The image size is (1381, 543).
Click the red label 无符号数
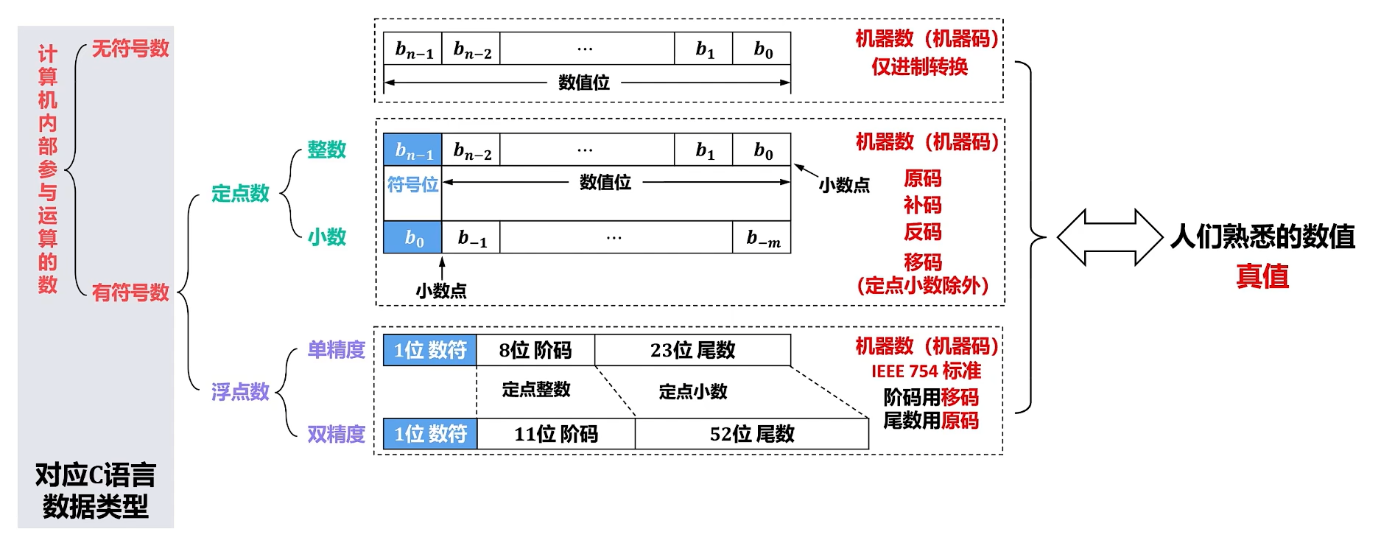point(130,49)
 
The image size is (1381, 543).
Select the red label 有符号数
point(130,292)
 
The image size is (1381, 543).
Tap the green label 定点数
point(240,194)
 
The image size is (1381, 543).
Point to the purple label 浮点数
point(240,391)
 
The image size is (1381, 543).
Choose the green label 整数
point(326,150)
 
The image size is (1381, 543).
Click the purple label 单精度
point(336,349)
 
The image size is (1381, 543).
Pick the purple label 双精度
point(336,434)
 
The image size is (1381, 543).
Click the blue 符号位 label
point(412,184)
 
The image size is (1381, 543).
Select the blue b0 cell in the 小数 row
point(412,238)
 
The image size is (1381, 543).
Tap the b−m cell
point(762,238)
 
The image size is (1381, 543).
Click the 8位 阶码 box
point(535,350)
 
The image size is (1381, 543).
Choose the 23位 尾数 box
point(692,350)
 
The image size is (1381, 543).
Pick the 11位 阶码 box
point(556,434)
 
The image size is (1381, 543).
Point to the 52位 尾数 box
point(752,434)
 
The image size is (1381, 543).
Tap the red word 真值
point(1262,276)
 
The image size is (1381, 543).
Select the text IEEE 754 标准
point(926,371)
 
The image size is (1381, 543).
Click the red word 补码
point(922,205)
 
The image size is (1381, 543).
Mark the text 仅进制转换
point(919,67)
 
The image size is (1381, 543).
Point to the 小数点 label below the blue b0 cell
point(441,291)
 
